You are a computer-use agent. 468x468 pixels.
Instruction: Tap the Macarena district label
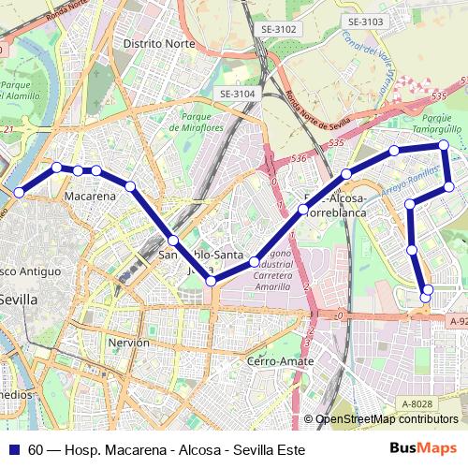coord(90,197)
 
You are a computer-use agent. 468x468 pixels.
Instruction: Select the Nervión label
coord(129,343)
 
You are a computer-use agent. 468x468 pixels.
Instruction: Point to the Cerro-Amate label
coord(279,360)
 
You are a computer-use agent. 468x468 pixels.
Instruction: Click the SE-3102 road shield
coord(278,29)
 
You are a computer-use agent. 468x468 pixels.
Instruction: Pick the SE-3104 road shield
coord(237,94)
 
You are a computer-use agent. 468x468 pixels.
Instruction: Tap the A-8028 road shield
coord(417,403)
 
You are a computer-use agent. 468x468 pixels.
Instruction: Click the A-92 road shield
coord(457,321)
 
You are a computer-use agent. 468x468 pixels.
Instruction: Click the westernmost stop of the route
coord(19,192)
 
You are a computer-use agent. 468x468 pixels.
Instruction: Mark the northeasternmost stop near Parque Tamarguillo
coord(444,145)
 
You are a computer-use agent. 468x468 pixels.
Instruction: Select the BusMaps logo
coord(424,448)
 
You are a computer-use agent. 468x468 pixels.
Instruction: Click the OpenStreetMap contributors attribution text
coord(387,419)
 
